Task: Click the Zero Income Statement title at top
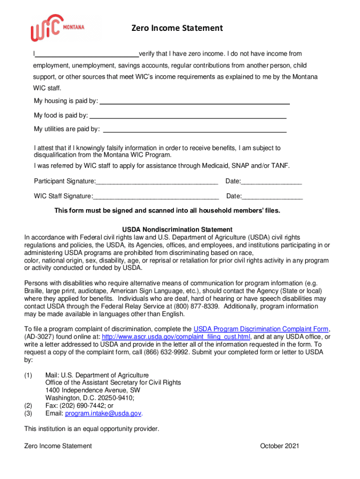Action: [177, 29]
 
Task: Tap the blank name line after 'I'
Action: [87, 54]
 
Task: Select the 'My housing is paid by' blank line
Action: [195, 102]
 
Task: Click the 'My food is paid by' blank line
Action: [187, 116]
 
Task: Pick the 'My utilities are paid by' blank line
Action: [194, 130]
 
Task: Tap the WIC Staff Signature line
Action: [156, 196]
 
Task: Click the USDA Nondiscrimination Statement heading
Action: [177, 230]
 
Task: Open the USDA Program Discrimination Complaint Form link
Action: [261, 329]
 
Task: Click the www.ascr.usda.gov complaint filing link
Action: [176, 337]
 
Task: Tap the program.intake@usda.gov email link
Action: [103, 414]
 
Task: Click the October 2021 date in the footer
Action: [279, 446]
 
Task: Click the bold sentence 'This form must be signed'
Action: [167, 210]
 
